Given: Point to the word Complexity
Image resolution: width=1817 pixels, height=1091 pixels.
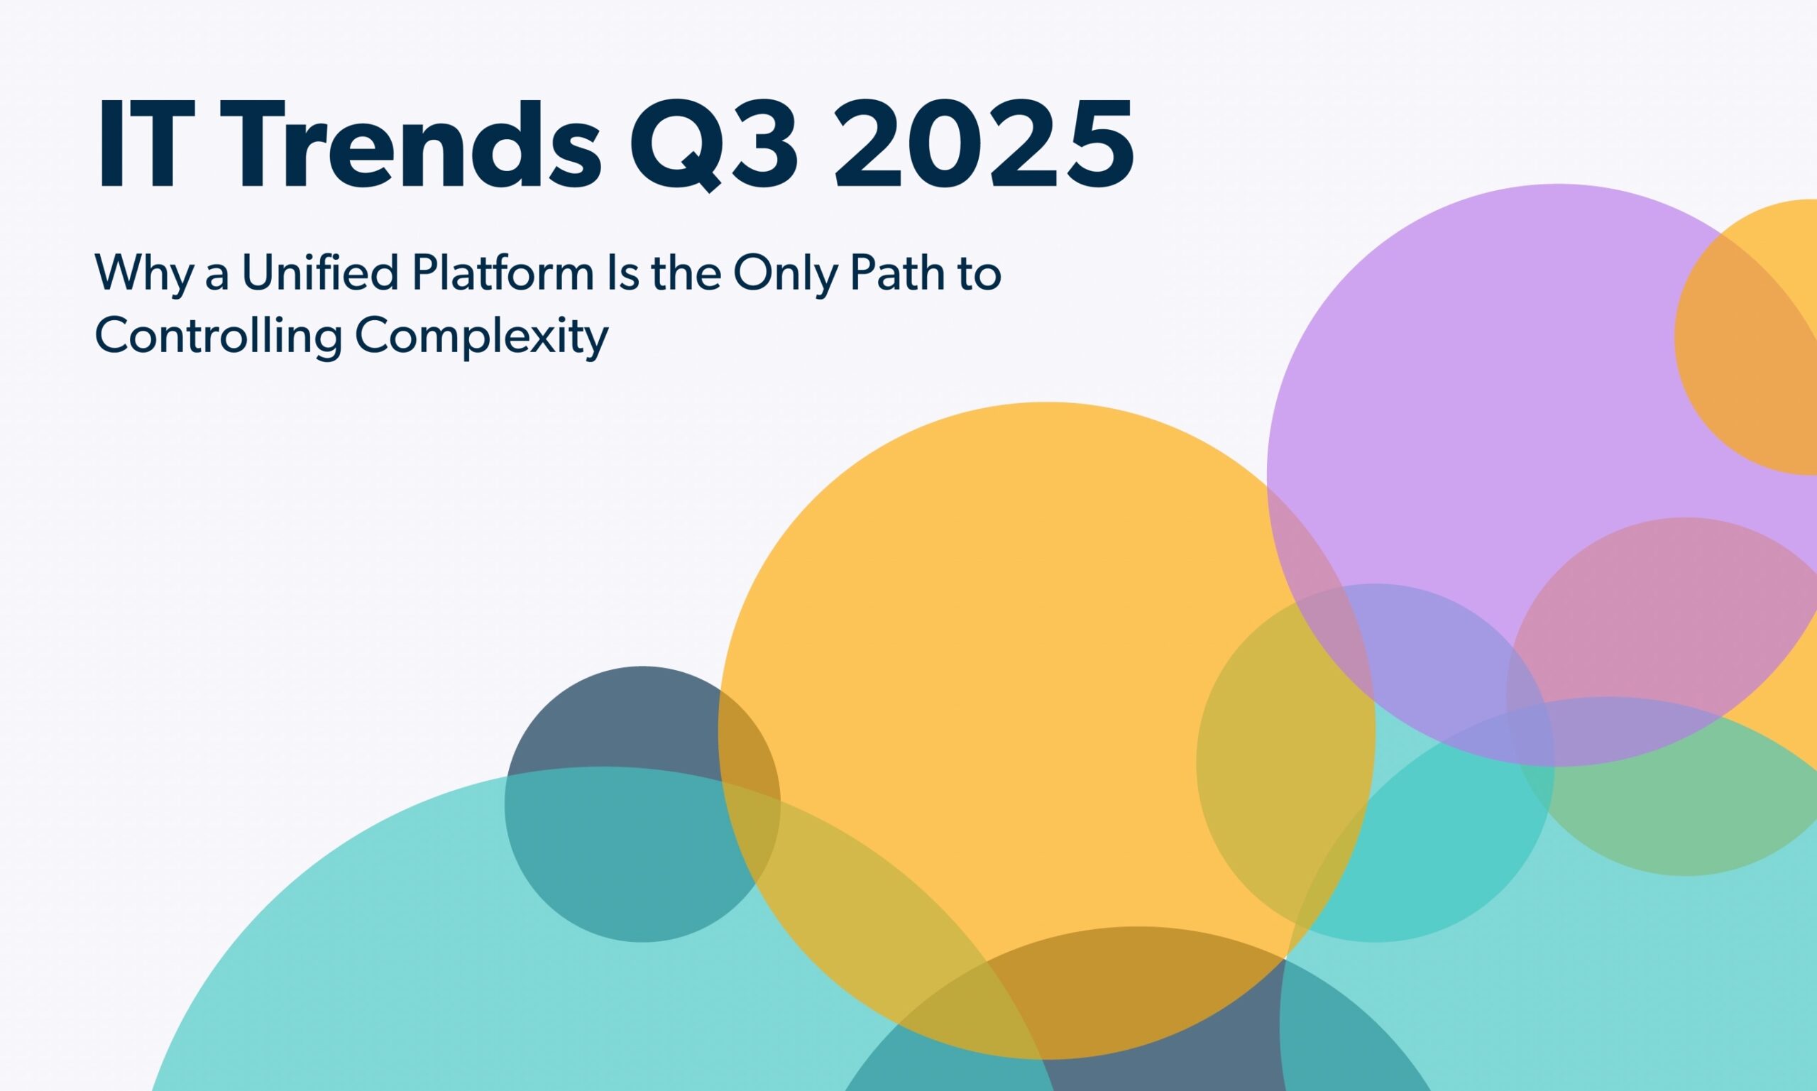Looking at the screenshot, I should [x=481, y=337].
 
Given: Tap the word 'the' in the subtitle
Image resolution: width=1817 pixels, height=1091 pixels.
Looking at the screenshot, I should [x=686, y=273].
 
